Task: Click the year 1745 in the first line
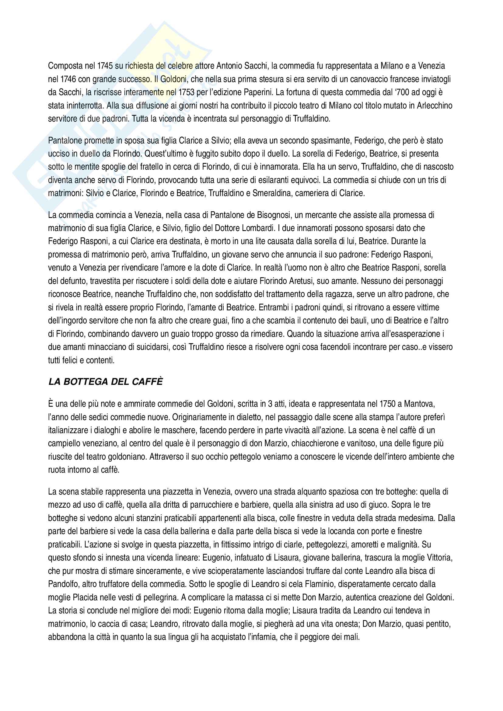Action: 105,66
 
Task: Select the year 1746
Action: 68,79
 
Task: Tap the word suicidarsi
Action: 150,347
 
